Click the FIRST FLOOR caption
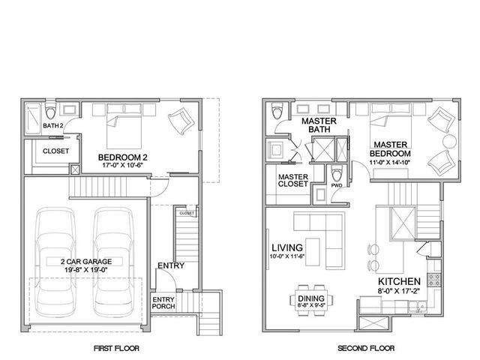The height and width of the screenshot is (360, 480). (x=116, y=349)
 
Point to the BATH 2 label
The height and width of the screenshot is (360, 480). (x=52, y=125)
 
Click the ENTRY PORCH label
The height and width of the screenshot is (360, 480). (x=163, y=303)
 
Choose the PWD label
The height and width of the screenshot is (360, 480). (x=337, y=185)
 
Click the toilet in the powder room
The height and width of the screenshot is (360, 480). (x=337, y=174)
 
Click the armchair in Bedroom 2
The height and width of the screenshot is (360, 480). (x=180, y=121)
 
